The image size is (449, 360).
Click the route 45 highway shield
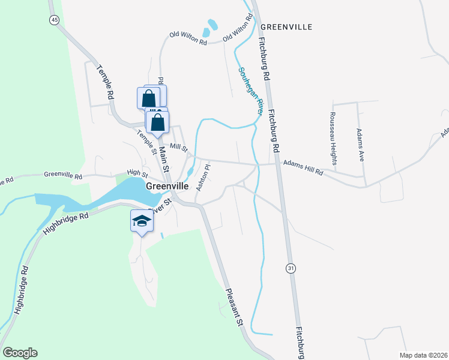click(x=55, y=20)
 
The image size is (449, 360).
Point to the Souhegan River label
click(x=252, y=91)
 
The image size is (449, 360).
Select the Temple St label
click(x=146, y=142)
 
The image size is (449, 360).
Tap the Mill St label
click(x=179, y=146)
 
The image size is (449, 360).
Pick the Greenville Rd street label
click(x=63, y=176)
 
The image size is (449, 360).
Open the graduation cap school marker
click(x=142, y=221)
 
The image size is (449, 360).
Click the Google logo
click(x=20, y=353)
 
